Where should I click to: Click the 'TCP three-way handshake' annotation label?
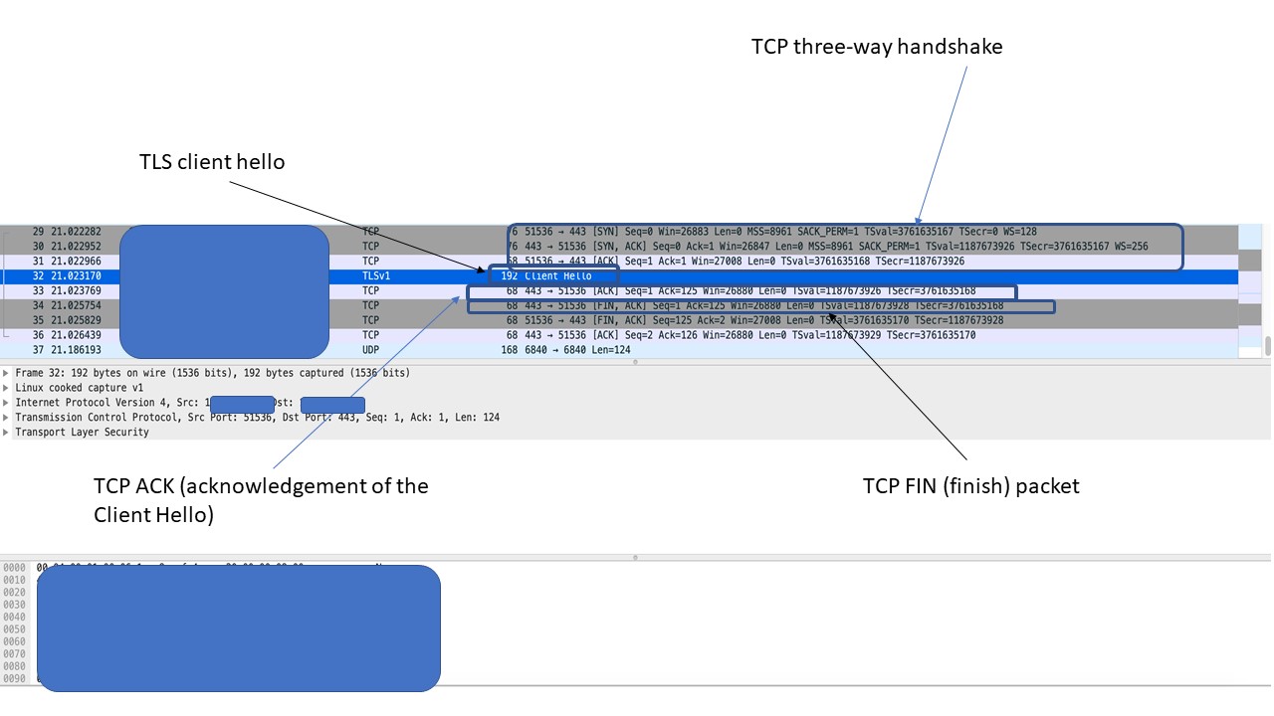click(x=876, y=47)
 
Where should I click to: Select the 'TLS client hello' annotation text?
click(x=212, y=162)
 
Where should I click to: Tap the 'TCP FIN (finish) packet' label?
click(x=970, y=486)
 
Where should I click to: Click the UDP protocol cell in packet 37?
click(x=370, y=350)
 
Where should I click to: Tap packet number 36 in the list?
click(x=38, y=335)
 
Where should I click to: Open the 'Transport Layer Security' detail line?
click(x=82, y=433)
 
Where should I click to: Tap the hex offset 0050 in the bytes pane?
click(x=14, y=629)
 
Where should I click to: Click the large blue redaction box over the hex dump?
click(x=238, y=627)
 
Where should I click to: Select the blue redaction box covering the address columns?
click(x=224, y=290)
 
